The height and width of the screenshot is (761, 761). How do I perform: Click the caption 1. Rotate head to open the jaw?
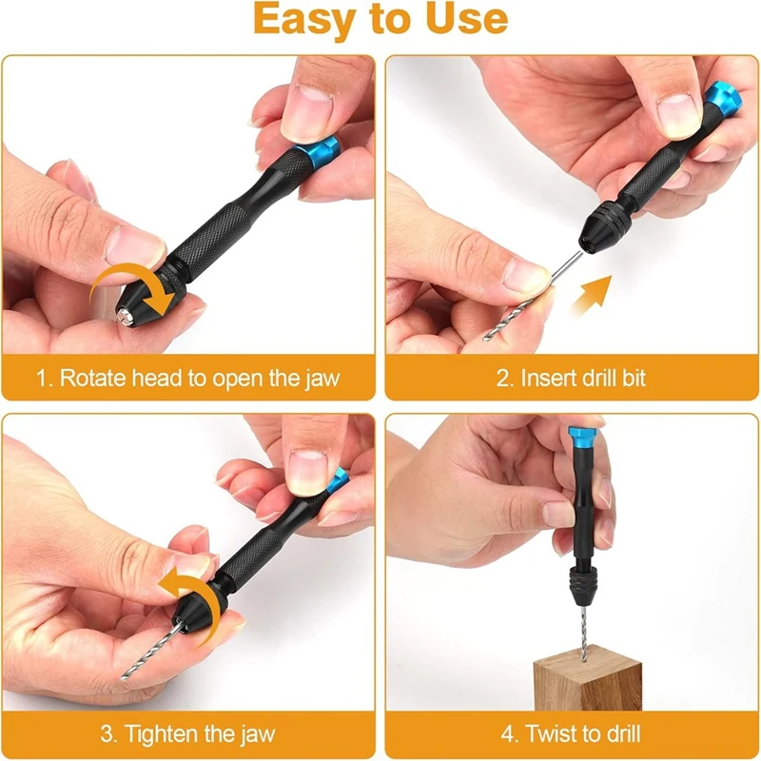[188, 378]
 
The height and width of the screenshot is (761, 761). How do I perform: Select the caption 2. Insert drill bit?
[571, 378]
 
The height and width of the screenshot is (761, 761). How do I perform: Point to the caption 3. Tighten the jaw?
[188, 733]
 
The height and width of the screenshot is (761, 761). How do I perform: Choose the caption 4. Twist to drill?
[571, 733]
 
